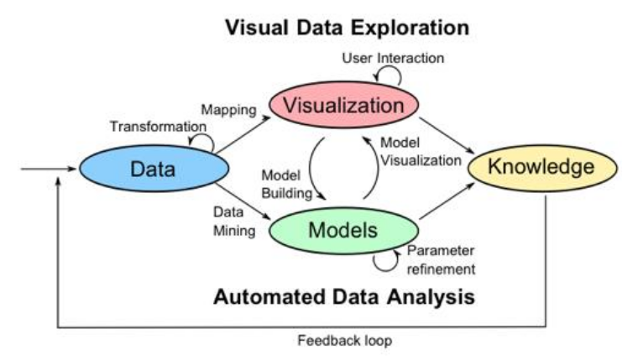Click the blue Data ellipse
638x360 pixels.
tap(153, 170)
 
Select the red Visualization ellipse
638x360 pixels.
tap(343, 107)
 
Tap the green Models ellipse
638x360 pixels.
tap(344, 229)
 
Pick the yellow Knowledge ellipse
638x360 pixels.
tap(541, 167)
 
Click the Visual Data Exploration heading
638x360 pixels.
tap(346, 28)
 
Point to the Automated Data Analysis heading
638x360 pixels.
tap(343, 297)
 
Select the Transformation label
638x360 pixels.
tap(158, 126)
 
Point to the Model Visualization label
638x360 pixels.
tap(419, 152)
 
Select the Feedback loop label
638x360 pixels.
tap(344, 342)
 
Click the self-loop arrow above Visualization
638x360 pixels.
tap(388, 76)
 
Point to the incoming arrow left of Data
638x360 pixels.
tap(46, 170)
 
